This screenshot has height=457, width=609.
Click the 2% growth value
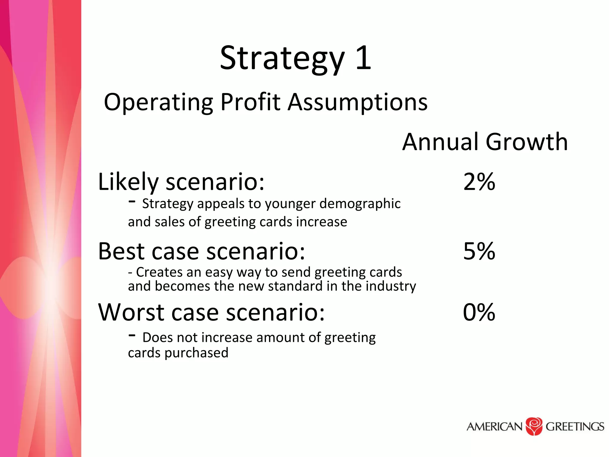[479, 182]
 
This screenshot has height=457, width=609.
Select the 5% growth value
[479, 251]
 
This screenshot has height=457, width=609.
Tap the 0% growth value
[479, 312]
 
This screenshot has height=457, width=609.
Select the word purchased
[196, 353]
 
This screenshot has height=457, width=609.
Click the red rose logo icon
[534, 426]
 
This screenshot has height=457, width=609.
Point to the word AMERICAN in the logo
[494, 427]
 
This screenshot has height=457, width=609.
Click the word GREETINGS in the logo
[575, 427]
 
